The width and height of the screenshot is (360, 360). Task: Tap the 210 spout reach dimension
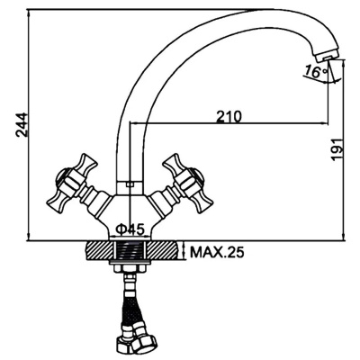pyautogui.click(x=229, y=116)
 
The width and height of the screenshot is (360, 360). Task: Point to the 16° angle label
pyautogui.click(x=316, y=71)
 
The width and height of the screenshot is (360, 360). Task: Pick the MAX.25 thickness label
pyautogui.click(x=217, y=253)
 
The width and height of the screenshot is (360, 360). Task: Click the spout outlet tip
pyautogui.click(x=326, y=56)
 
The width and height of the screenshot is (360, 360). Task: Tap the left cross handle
pyautogui.click(x=73, y=184)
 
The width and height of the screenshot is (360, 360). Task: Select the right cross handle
pyautogui.click(x=188, y=184)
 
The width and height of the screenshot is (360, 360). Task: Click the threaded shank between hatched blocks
pyautogui.click(x=130, y=250)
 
